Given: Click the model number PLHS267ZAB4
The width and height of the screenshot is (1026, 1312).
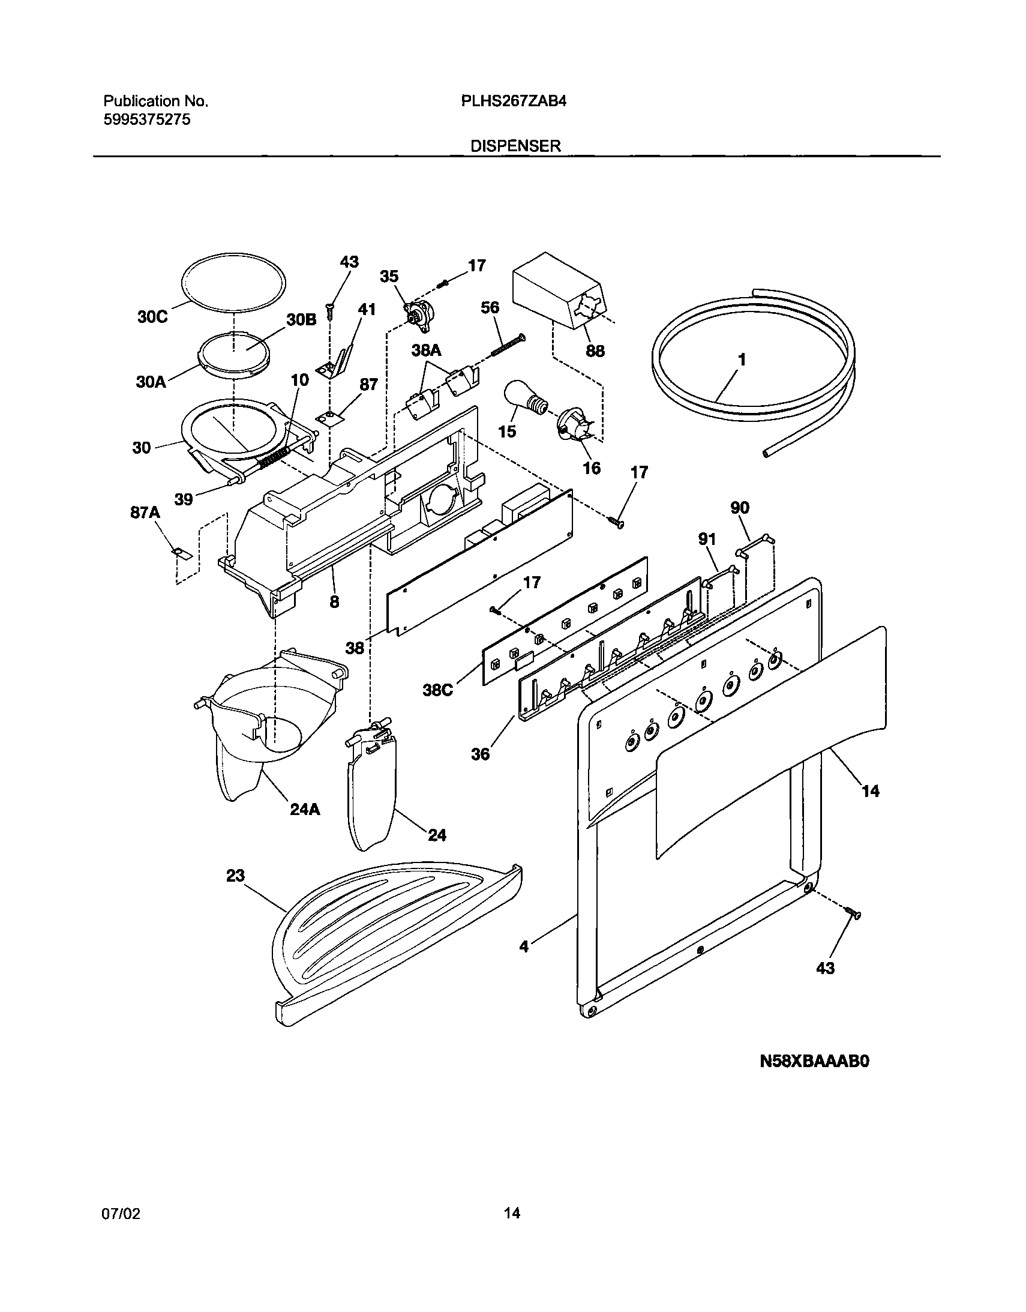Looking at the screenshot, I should [514, 101].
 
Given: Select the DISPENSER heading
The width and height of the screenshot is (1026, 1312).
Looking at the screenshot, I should [515, 146].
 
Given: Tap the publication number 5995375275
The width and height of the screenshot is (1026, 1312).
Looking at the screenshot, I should [147, 119].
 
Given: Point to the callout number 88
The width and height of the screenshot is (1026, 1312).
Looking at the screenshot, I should [595, 351].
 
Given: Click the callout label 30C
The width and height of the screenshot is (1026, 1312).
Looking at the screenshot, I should [152, 317].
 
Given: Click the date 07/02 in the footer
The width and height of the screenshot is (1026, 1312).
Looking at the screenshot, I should [121, 1213].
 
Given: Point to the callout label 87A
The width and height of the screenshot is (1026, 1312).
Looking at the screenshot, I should [145, 513].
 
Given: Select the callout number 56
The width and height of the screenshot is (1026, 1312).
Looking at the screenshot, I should [490, 307].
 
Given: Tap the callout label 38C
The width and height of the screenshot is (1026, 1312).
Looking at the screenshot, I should [437, 690].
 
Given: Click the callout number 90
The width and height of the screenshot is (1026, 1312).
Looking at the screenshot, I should [739, 508].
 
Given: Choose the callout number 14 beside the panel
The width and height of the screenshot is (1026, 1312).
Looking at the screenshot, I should [871, 791].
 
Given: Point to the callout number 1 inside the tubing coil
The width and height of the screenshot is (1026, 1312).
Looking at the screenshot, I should [742, 360].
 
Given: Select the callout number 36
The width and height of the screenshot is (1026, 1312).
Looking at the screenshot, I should [481, 754].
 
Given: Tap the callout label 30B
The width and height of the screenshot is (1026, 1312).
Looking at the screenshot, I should [301, 319].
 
